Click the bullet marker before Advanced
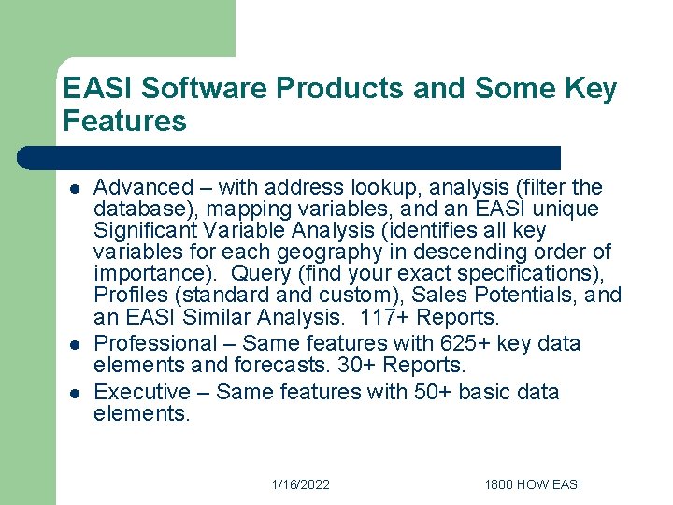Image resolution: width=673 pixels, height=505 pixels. pyautogui.click(x=74, y=188)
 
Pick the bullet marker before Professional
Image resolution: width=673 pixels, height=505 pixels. pyautogui.click(x=74, y=344)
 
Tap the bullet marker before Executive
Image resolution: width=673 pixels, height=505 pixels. pyautogui.click(x=74, y=392)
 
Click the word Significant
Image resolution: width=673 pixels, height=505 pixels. pyautogui.click(x=144, y=231)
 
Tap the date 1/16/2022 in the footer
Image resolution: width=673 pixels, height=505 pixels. pyautogui.click(x=300, y=484)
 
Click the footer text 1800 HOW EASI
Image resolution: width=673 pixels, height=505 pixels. pyautogui.click(x=533, y=484)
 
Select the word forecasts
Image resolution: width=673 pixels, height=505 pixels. pyautogui.click(x=265, y=366)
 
